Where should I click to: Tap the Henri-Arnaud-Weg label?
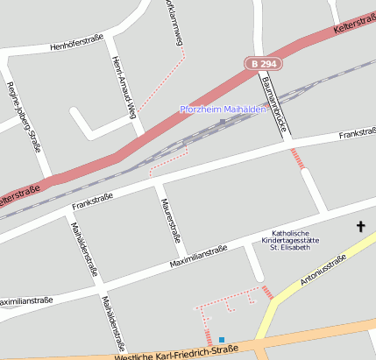click(124, 88)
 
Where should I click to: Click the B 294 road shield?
click(261, 64)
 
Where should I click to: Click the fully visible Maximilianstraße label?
click(198, 254)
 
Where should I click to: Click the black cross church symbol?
click(360, 227)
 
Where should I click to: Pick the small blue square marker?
click(222, 340)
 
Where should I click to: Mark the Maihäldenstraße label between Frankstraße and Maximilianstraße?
click(82, 248)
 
